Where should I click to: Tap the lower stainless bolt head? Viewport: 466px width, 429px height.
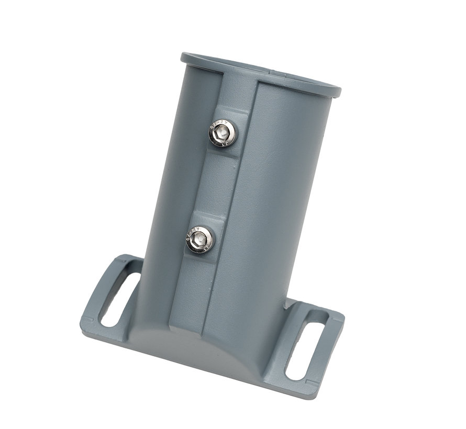tap(200, 240)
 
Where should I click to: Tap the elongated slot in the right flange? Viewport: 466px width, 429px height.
tap(307, 344)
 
